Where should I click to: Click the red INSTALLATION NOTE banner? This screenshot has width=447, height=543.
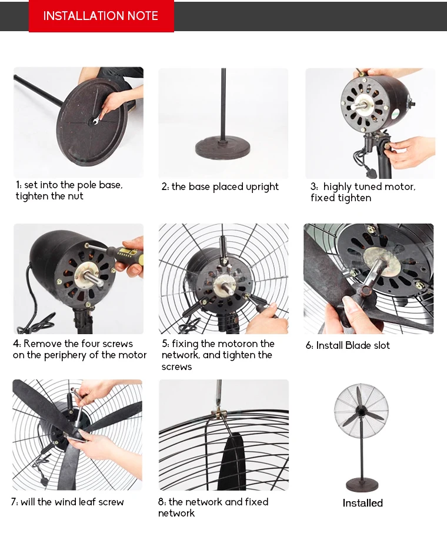click(101, 16)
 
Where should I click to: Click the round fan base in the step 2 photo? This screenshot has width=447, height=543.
click(223, 146)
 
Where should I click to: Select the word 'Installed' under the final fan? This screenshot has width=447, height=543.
click(362, 503)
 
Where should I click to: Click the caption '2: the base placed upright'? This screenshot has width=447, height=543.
click(220, 187)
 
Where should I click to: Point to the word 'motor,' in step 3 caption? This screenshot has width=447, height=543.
click(399, 187)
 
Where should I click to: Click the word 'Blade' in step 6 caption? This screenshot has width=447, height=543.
click(358, 346)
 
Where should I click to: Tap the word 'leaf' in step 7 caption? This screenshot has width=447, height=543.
click(86, 502)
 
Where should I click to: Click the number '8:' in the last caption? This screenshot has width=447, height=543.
click(163, 502)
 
